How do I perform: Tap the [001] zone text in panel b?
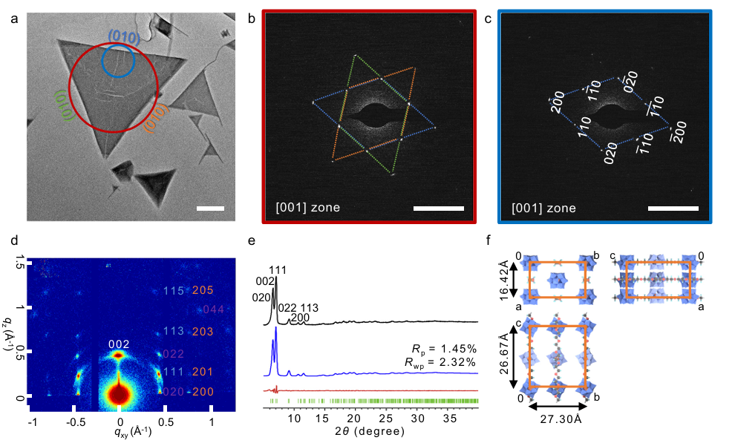(307, 207)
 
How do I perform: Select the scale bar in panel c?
(673, 209)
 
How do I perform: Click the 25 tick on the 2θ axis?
(386, 419)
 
